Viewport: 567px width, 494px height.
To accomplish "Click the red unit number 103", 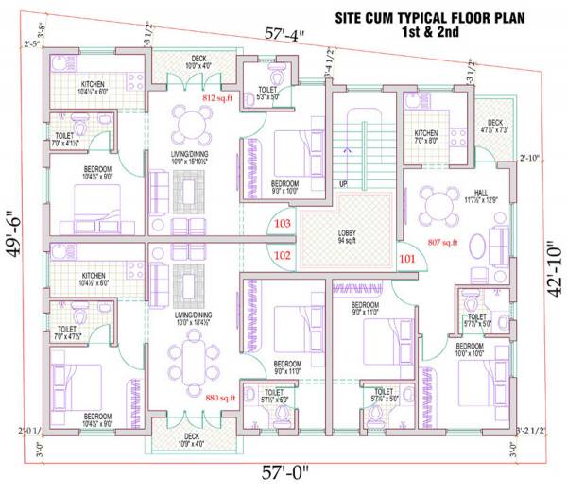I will (282, 223).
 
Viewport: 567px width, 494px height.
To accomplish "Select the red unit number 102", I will (282, 254).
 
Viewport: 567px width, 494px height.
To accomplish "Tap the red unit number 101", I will (407, 257).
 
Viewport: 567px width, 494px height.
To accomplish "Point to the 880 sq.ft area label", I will (219, 398).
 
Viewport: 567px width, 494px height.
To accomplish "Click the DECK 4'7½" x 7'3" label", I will (494, 126).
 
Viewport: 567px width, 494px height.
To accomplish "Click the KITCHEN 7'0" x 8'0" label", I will (426, 139).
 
